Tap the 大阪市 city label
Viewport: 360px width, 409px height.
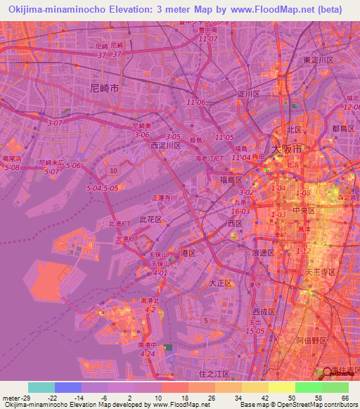(287, 150)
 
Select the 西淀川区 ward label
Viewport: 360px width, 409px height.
(167, 145)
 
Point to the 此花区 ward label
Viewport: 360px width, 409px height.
(150, 220)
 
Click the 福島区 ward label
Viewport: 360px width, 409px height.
(231, 178)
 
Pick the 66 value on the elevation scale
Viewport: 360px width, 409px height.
(345, 398)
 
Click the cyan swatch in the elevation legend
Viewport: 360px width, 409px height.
(41, 387)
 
